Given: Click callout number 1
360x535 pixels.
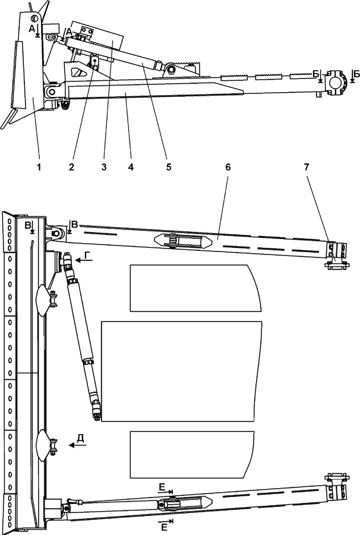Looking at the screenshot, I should (39, 167).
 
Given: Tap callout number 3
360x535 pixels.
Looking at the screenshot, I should (104, 167).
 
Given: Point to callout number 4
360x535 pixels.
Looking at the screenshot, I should (130, 167).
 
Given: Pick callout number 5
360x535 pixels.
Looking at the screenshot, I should (169, 167).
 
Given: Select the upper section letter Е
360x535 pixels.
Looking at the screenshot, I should (162, 487).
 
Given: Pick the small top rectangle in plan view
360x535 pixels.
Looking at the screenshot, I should (194, 288).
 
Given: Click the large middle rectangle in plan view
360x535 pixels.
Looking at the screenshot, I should (181, 371).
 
